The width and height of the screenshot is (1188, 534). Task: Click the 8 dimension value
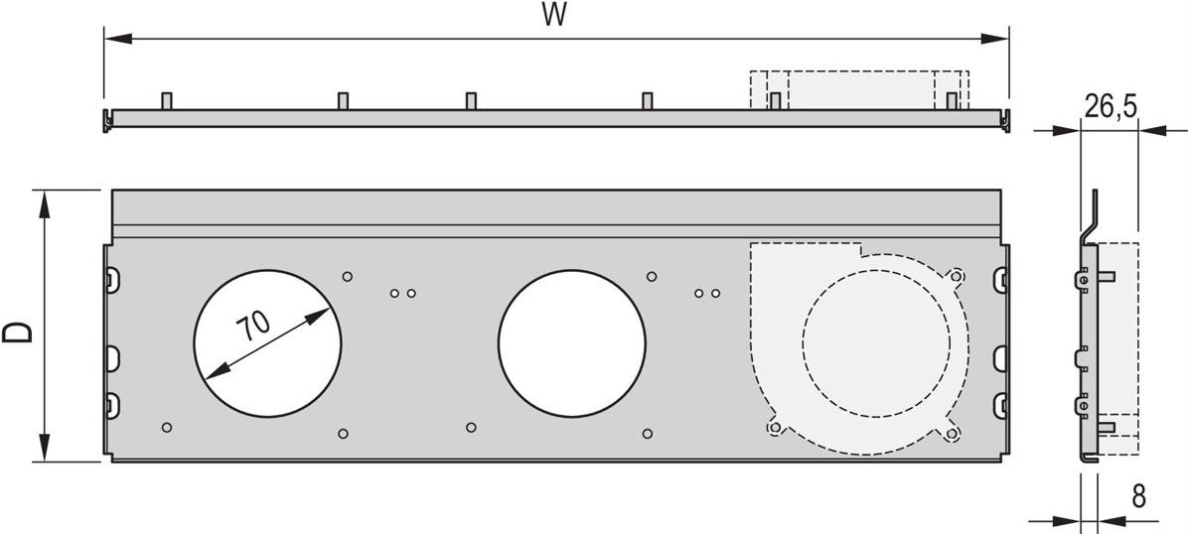1138,496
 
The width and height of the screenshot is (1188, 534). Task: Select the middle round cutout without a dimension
571,341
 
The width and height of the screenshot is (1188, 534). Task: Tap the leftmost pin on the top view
167,100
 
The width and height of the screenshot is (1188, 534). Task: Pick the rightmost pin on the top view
952,100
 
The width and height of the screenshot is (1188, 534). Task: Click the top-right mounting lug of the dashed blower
956,276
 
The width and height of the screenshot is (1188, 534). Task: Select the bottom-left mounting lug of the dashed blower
774,427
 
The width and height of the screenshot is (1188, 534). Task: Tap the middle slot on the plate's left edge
110,355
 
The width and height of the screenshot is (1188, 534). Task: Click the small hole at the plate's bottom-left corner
167,427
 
